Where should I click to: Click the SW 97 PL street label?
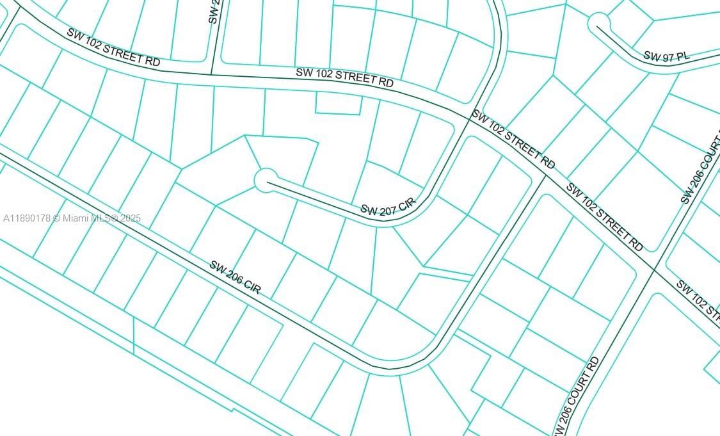pyautogui.click(x=666, y=56)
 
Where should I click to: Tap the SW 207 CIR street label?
pyautogui.click(x=388, y=208)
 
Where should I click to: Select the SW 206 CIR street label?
pyautogui.click(x=235, y=277)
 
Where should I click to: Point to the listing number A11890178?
pyautogui.click(x=27, y=218)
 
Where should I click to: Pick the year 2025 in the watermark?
pyautogui.click(x=130, y=218)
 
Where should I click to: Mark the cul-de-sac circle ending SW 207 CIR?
pyautogui.click(x=266, y=181)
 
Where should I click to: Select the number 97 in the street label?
pyautogui.click(x=668, y=56)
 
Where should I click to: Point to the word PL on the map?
pyautogui.click(x=682, y=56)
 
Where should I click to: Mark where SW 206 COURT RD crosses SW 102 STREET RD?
pyautogui.click(x=653, y=270)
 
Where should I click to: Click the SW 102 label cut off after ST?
pyautogui.click(x=698, y=298)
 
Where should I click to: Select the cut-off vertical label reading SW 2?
pyautogui.click(x=214, y=12)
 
